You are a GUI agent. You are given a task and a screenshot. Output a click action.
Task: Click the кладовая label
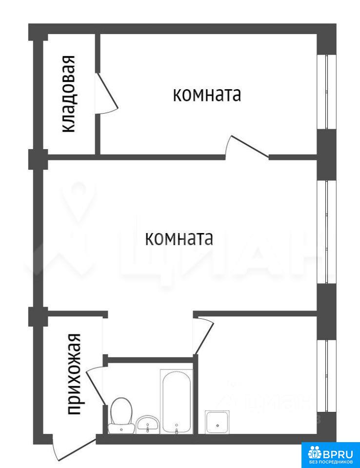(x=68, y=94)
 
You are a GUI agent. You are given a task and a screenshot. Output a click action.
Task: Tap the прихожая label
(x=74, y=374)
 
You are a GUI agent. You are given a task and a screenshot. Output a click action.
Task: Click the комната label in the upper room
(x=207, y=95)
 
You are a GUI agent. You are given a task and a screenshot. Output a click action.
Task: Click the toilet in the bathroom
(x=121, y=415)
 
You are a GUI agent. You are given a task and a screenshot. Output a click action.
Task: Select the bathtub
(x=177, y=401)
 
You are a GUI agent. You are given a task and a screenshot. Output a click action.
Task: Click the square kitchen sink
(x=218, y=422)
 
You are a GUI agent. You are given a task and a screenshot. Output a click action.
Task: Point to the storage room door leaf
(x=107, y=91)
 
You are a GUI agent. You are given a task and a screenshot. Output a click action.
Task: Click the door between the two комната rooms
(x=250, y=146)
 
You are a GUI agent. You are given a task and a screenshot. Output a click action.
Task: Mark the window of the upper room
(x=326, y=92)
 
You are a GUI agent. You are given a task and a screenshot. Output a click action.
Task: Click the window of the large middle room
(x=326, y=232)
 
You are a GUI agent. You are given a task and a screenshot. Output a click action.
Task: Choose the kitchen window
(x=326, y=376)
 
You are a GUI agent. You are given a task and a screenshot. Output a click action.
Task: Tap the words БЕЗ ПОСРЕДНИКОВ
(x=330, y=464)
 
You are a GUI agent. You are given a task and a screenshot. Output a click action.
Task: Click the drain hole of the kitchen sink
(x=218, y=426)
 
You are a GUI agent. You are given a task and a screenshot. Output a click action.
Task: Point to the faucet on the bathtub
(x=177, y=430)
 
